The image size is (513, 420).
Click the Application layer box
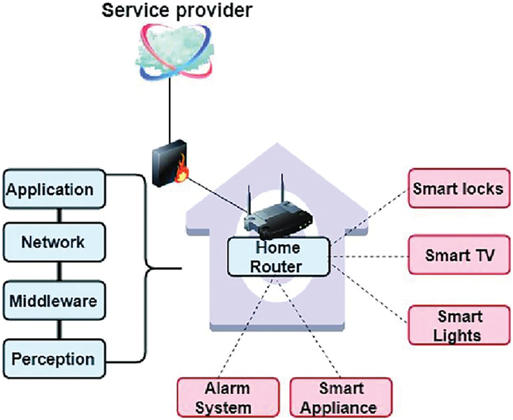[x=52, y=189]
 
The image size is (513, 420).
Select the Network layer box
[x=52, y=242]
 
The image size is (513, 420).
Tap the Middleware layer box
[x=52, y=300]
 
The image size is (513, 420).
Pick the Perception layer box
[x=52, y=358]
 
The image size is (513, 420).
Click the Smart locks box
[x=458, y=189]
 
